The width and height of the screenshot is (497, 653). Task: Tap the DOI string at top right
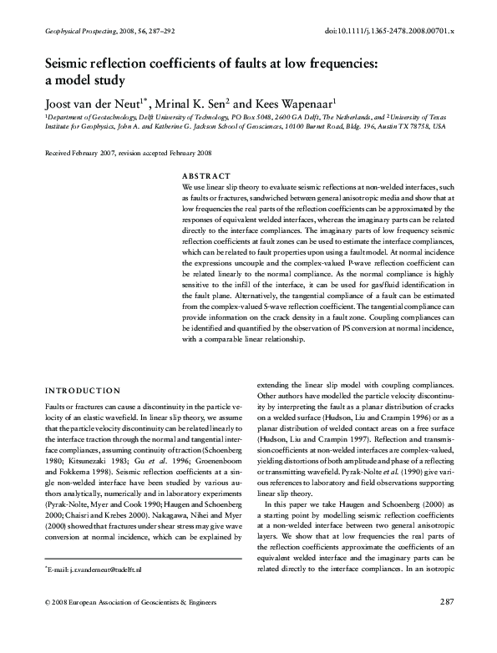click(388, 31)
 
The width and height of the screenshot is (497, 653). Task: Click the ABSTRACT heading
click(205, 176)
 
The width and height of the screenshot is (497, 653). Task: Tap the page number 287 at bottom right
click(445, 625)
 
